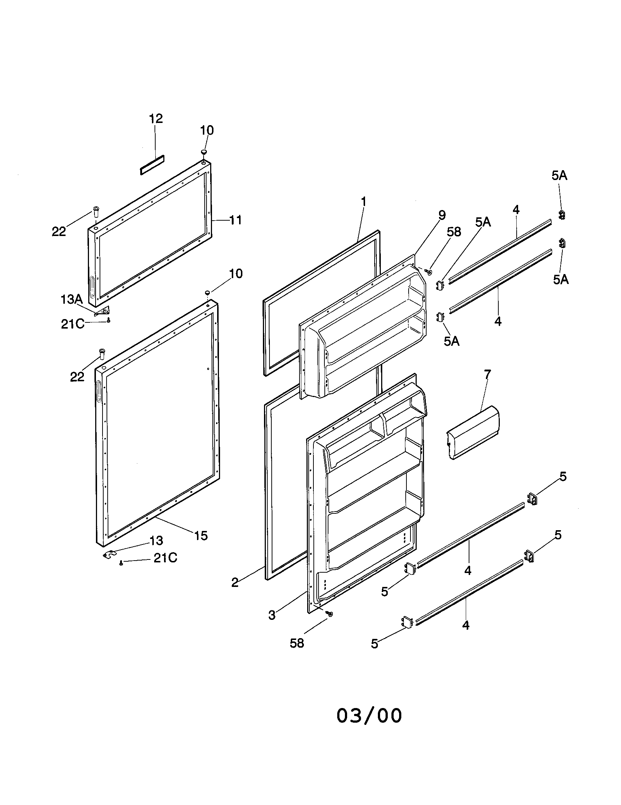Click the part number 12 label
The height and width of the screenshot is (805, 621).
[156, 119]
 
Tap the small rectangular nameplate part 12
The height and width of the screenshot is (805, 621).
[152, 165]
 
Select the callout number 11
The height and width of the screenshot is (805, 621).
[235, 220]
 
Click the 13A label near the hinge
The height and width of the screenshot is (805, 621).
[71, 299]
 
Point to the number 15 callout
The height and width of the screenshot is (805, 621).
[201, 535]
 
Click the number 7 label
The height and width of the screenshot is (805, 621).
[487, 374]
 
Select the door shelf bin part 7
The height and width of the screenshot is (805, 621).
[473, 432]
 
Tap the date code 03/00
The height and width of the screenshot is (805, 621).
[369, 716]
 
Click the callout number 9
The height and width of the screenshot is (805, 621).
[442, 215]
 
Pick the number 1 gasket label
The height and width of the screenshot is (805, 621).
[364, 202]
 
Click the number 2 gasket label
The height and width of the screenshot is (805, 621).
[235, 583]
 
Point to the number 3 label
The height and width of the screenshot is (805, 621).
[272, 615]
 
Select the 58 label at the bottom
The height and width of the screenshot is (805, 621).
[297, 643]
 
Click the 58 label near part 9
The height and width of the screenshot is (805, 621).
[454, 232]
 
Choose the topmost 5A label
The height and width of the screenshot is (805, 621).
[559, 176]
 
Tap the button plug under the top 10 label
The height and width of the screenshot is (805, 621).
[204, 152]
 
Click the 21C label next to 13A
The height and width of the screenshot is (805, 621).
[72, 324]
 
